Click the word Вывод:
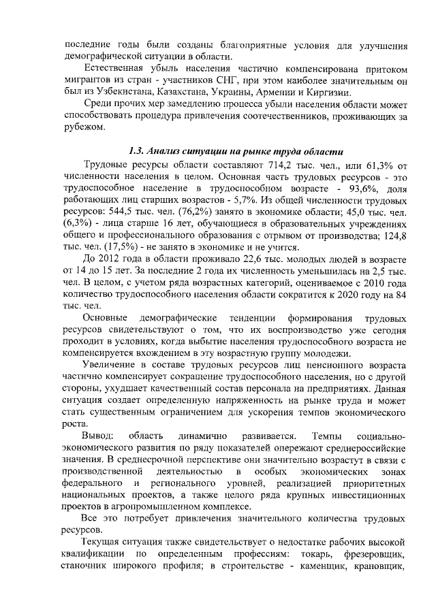tap(99, 436)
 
